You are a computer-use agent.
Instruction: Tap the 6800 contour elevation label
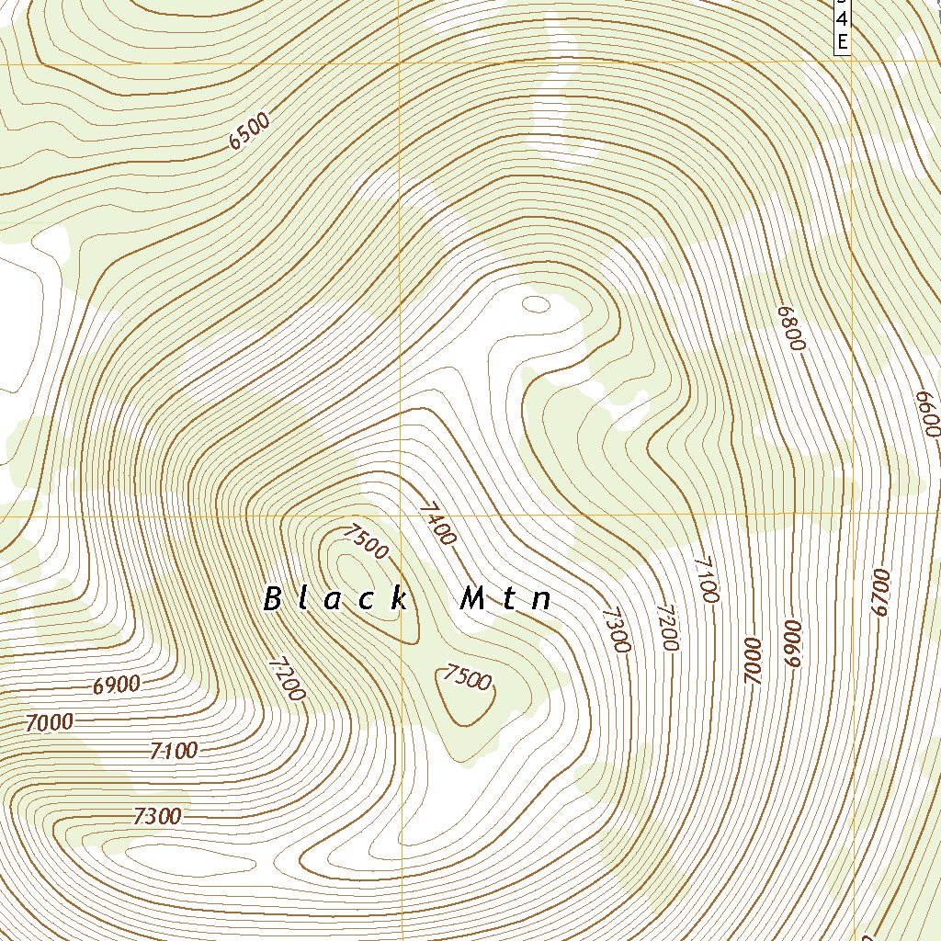pyautogui.click(x=790, y=328)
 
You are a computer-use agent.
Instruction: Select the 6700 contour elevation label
pyautogui.click(x=881, y=593)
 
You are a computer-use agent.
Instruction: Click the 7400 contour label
pyautogui.click(x=436, y=523)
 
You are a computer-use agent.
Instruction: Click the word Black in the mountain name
pyautogui.click(x=335, y=599)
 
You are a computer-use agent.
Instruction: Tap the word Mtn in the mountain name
pyautogui.click(x=506, y=599)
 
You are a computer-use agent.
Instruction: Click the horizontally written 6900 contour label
pyautogui.click(x=117, y=685)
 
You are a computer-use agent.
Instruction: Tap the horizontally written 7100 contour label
pyautogui.click(x=173, y=751)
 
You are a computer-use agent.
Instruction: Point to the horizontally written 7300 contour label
pyautogui.click(x=157, y=816)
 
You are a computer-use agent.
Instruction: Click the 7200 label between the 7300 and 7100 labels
pyautogui.click(x=668, y=628)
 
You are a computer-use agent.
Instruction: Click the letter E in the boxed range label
pyautogui.click(x=842, y=40)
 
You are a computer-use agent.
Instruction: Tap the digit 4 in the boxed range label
pyautogui.click(x=842, y=18)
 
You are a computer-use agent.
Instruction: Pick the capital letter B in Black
pyautogui.click(x=272, y=599)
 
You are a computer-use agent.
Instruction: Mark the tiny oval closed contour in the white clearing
pyautogui.click(x=535, y=302)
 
